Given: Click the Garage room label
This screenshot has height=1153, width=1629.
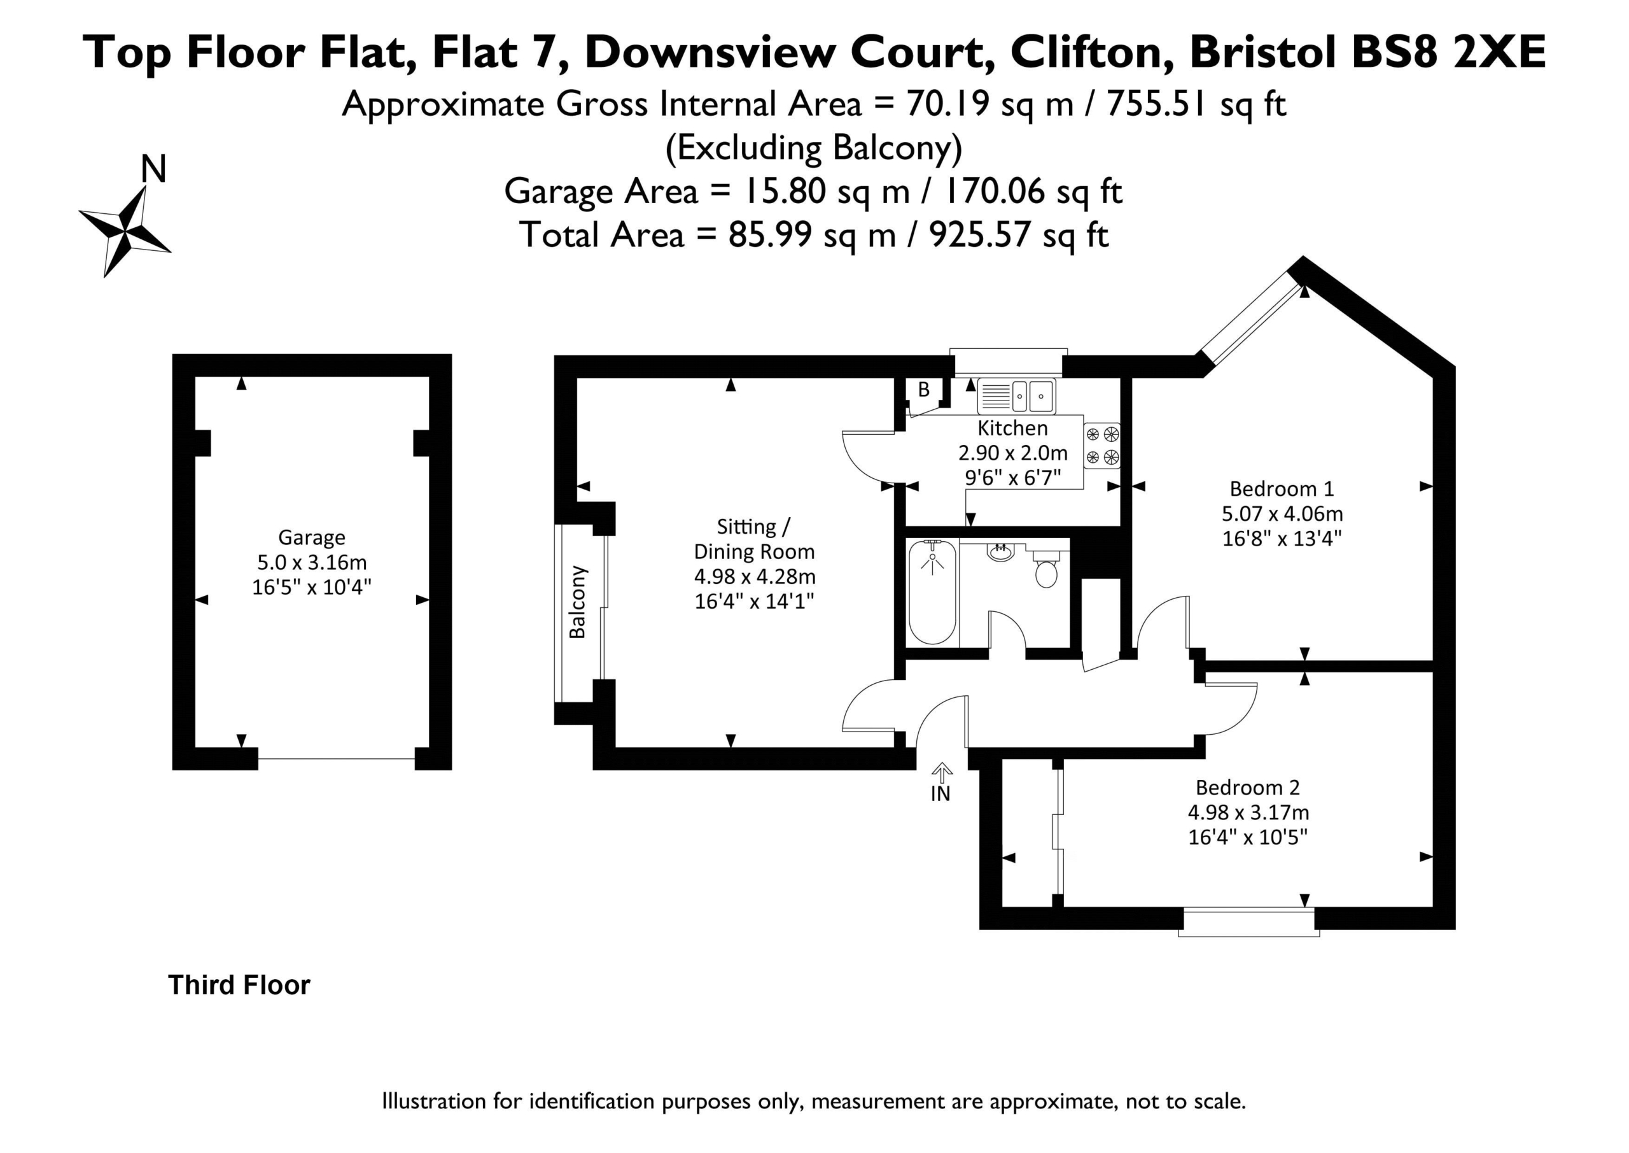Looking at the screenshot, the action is pyautogui.click(x=311, y=537).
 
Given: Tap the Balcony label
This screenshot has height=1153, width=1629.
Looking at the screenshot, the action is pyautogui.click(x=578, y=602).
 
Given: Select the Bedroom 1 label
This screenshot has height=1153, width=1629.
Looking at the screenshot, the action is pyautogui.click(x=1282, y=488).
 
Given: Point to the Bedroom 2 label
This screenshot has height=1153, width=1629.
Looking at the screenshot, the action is pyautogui.click(x=1247, y=787).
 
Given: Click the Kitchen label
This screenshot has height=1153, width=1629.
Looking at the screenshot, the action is pyautogui.click(x=1012, y=427).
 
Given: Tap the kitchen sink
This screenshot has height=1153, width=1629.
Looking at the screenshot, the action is pyautogui.click(x=1016, y=395).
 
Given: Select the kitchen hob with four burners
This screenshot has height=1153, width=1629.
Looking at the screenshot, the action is pyautogui.click(x=1102, y=446).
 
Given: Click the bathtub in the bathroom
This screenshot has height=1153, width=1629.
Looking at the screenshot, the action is pyautogui.click(x=932, y=593).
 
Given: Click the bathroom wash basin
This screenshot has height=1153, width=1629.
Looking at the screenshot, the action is pyautogui.click(x=1001, y=551).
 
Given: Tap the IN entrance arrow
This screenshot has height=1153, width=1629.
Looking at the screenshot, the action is pyautogui.click(x=942, y=772).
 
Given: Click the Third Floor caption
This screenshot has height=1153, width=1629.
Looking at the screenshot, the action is pyautogui.click(x=239, y=985).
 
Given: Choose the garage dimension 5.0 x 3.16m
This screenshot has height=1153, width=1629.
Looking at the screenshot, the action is pyautogui.click(x=311, y=562).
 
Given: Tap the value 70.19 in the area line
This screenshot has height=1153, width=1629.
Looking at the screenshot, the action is pyautogui.click(x=948, y=104).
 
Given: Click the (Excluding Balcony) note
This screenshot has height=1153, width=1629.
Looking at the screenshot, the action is pyautogui.click(x=814, y=148).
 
